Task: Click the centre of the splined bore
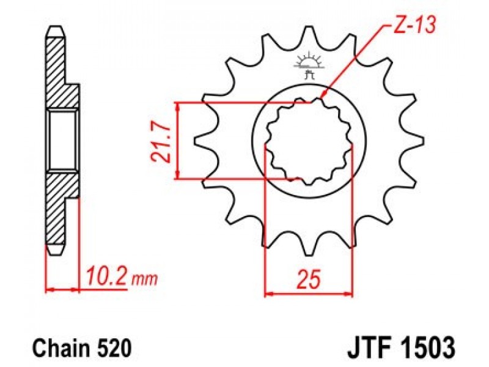(x=309, y=141)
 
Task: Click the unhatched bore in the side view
(x=62, y=140)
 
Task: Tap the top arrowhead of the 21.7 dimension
(x=177, y=105)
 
